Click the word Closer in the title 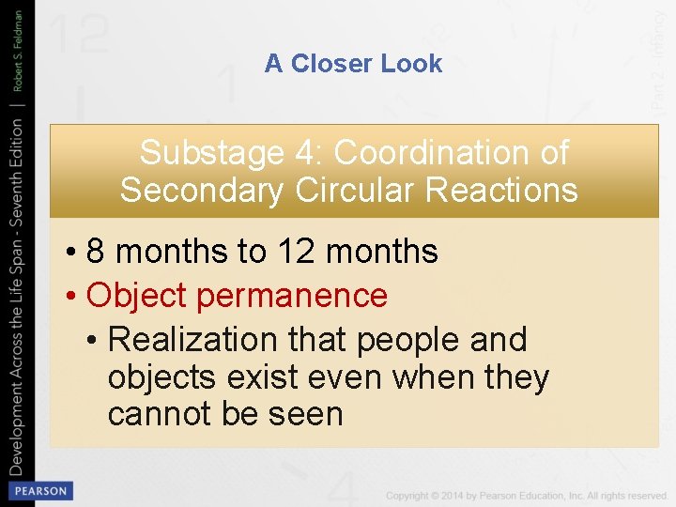point(330,64)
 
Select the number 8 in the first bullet point(95,252)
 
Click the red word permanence point(291,296)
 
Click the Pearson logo point(39,491)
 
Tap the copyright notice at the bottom point(526,495)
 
